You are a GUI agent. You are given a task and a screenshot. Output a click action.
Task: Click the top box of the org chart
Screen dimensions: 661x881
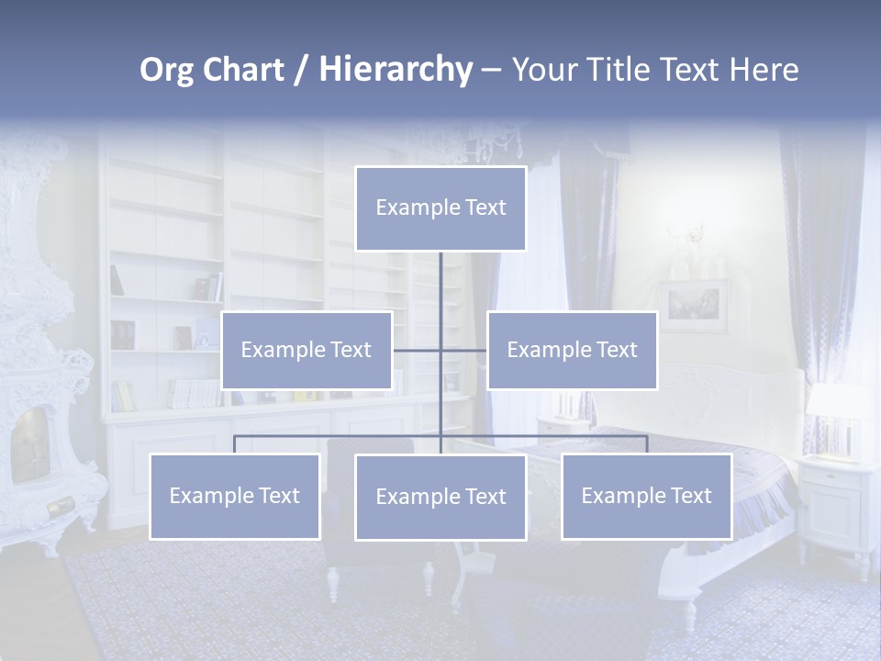pos(440,208)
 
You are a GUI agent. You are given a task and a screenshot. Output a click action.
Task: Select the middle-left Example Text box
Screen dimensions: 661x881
pos(307,350)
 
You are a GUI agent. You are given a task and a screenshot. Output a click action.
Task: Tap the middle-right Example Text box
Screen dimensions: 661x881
pos(572,350)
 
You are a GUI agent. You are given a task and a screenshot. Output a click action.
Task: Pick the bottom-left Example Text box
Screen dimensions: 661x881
pos(235,496)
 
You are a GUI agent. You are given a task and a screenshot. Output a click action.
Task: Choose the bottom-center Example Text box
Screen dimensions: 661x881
pos(440,497)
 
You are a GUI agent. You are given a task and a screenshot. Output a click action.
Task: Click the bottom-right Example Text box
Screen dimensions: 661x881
pos(646,496)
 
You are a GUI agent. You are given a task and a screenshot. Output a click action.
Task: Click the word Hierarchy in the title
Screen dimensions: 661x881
pos(395,70)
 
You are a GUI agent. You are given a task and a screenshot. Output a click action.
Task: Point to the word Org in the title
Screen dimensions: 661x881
pos(168,70)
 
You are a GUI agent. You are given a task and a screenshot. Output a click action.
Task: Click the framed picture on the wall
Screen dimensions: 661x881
pos(694,306)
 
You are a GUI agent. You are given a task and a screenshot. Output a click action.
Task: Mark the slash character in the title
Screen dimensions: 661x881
pos(300,71)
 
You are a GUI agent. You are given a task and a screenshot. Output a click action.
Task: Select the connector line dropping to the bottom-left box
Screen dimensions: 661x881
pos(235,444)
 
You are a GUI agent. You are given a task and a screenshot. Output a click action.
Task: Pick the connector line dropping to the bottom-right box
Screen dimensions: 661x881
pos(647,444)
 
